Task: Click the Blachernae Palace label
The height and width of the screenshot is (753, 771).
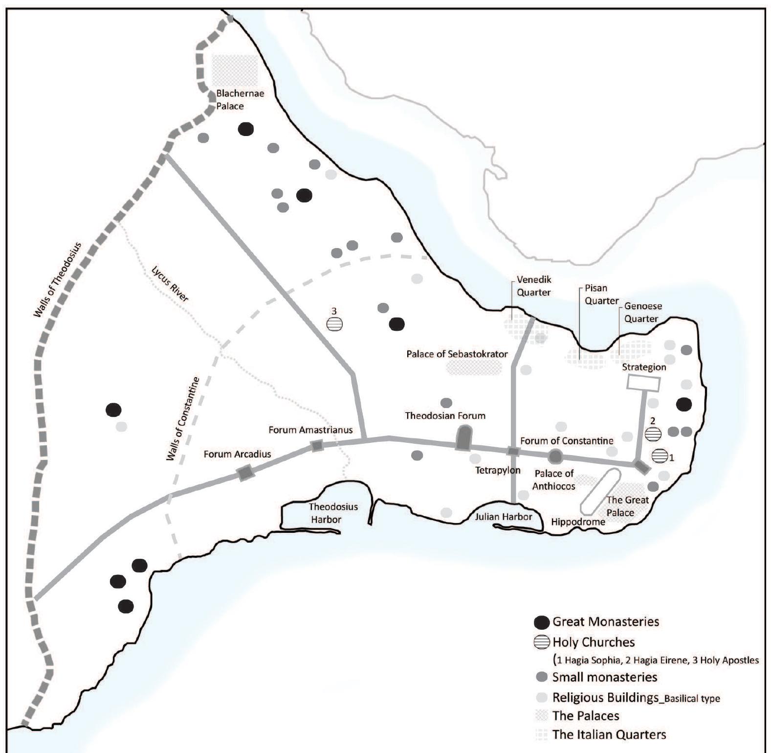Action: click(x=240, y=99)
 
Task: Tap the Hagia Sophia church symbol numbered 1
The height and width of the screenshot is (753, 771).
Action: click(x=660, y=456)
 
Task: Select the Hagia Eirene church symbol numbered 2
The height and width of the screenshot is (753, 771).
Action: click(x=653, y=433)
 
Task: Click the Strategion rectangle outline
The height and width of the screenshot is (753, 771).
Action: click(x=643, y=383)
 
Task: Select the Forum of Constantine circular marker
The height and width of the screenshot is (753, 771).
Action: click(x=555, y=456)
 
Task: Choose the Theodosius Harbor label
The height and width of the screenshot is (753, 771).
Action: click(x=326, y=513)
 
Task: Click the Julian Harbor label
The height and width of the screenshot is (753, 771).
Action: click(x=503, y=516)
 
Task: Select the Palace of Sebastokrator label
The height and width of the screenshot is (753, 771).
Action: click(x=457, y=354)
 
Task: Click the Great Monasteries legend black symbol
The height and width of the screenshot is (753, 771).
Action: click(x=542, y=622)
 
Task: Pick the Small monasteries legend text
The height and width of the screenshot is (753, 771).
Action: click(x=604, y=677)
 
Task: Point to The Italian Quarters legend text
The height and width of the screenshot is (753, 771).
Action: click(x=609, y=734)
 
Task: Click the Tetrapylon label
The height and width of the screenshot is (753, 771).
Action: click(x=497, y=470)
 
